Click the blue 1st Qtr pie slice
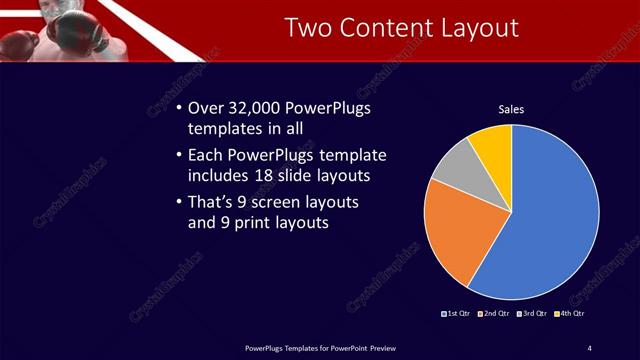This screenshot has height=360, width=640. click(x=550, y=210)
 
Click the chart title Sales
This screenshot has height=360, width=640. click(x=511, y=109)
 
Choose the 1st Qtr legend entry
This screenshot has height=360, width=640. click(x=458, y=314)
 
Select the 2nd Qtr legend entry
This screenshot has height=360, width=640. click(x=495, y=314)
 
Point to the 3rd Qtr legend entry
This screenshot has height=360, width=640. click(x=532, y=314)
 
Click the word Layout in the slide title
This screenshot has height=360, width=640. click(x=476, y=27)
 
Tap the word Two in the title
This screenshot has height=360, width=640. click(x=308, y=27)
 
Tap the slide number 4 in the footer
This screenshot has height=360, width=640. click(x=589, y=347)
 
